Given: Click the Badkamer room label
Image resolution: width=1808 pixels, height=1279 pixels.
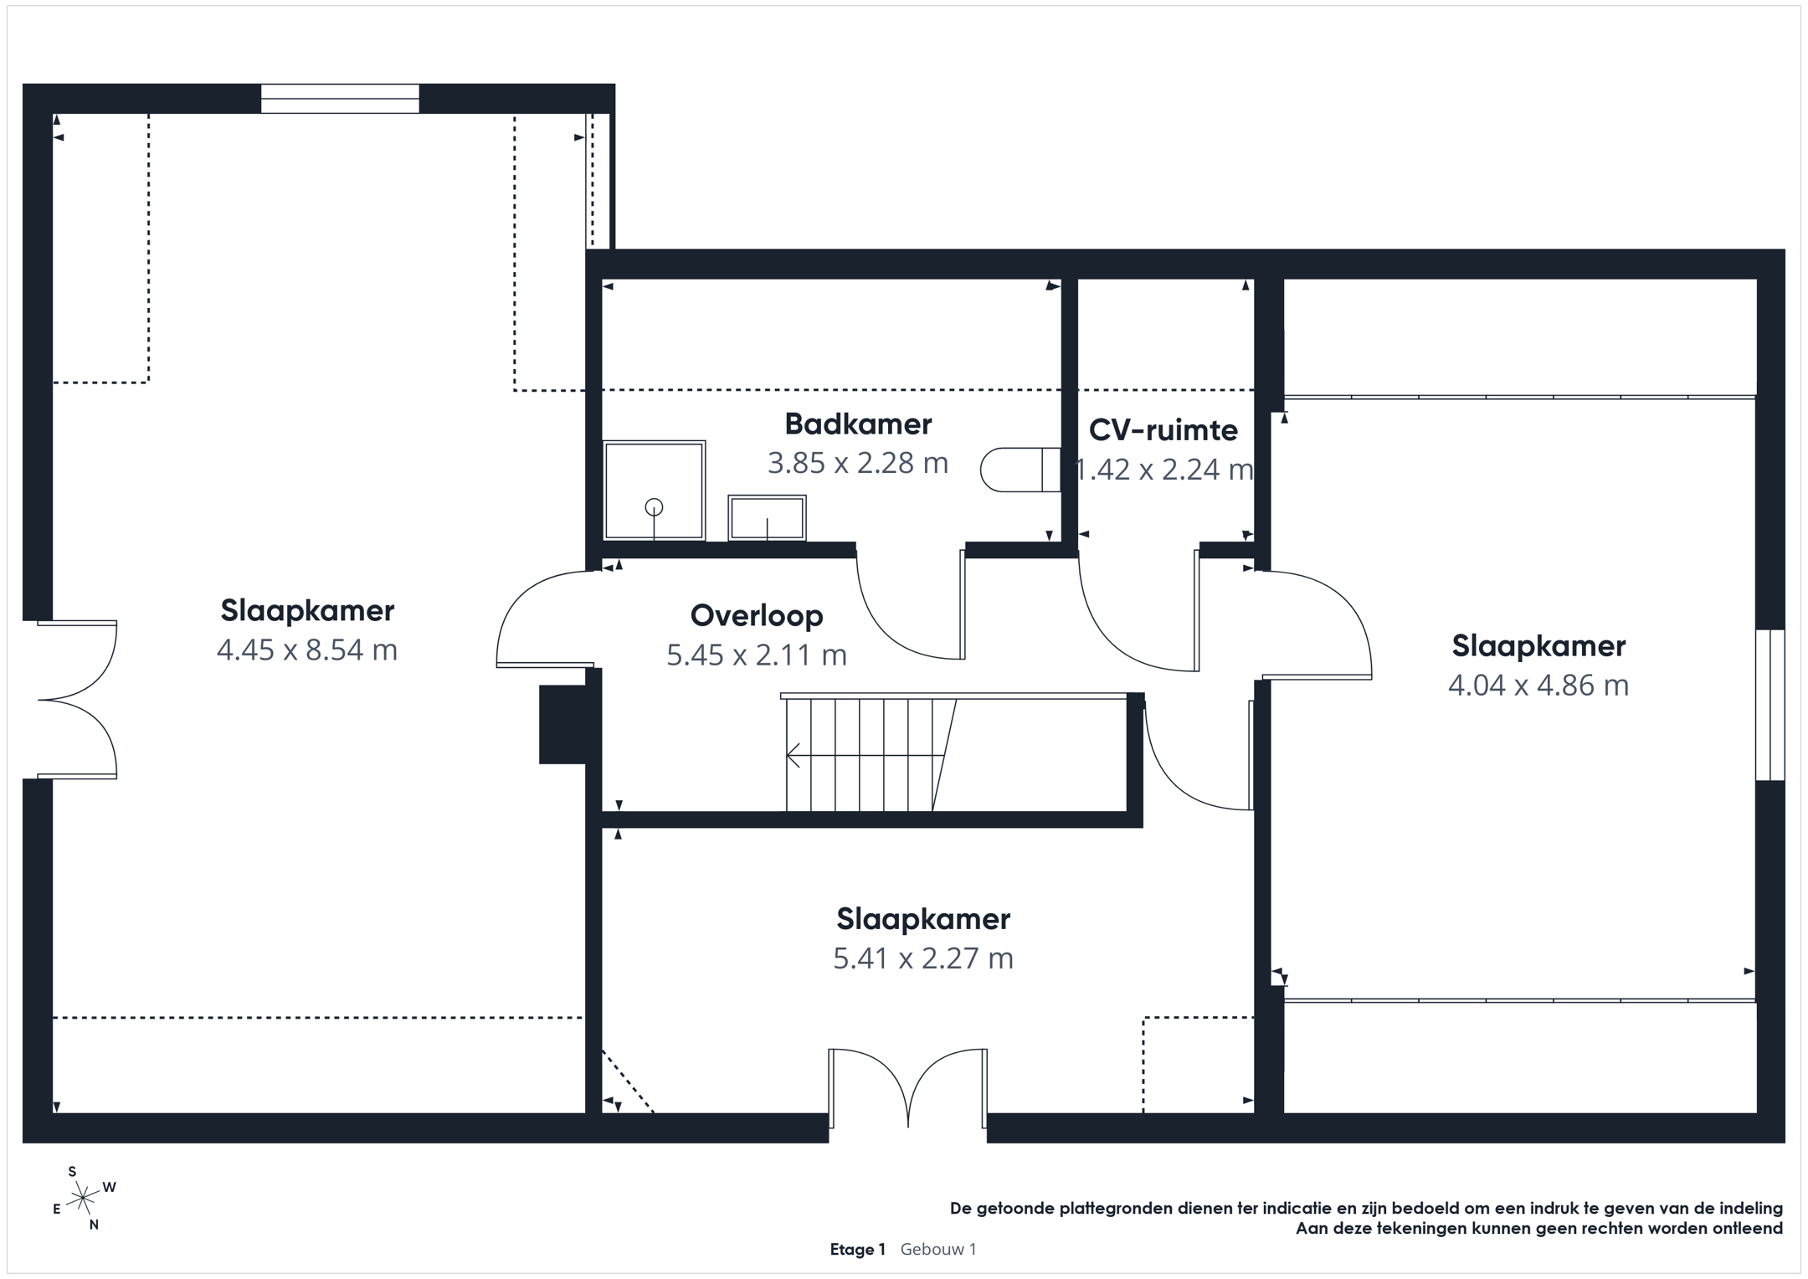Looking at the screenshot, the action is coord(858,424).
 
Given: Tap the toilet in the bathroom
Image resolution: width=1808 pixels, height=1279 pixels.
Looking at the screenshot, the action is coord(1020,470).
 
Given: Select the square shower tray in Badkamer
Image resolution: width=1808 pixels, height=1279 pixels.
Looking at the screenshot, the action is coord(654,491).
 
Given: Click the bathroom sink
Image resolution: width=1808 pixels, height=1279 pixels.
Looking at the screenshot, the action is coord(767,517).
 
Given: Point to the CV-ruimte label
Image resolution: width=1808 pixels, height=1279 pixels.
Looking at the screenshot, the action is coord(1163,430).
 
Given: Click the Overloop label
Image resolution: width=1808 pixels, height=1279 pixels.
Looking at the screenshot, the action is coord(757,616).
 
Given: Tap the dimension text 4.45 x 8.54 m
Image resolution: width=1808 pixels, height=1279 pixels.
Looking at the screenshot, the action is coord(307,650).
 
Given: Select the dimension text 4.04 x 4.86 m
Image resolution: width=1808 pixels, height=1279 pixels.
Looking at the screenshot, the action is coord(1538,686).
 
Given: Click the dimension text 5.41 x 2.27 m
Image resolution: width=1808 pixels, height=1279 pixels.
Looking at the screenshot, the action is coord(923,958).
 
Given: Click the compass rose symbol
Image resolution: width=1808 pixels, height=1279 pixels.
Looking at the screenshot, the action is coord(83,1199).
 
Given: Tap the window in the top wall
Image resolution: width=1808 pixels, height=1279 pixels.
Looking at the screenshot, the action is coord(340,99).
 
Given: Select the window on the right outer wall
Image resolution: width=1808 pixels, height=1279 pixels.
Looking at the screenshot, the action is coord(1770,705).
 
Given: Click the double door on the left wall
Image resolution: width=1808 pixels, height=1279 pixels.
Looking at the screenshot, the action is coord(77,700).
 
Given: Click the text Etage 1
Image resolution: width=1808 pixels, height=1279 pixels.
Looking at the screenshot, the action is coord(857,1250).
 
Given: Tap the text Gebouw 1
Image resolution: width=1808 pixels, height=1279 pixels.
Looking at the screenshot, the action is coord(938,1250).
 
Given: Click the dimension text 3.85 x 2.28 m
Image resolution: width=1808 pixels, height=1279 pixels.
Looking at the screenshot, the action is coord(858,463).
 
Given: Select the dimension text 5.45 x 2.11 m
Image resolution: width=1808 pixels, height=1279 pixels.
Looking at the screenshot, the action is coord(757,655).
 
